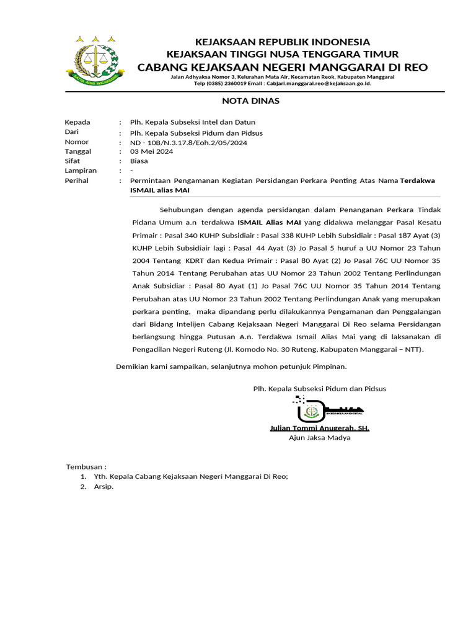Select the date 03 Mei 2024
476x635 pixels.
(151, 151)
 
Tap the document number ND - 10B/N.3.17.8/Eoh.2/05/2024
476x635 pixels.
(188, 142)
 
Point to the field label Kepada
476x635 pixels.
(77, 122)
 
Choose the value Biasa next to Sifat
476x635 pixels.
(139, 161)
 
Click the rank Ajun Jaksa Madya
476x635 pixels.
(319, 438)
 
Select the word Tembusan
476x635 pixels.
(86, 466)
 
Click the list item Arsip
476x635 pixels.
(104, 487)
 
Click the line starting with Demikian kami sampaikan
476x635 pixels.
(231, 366)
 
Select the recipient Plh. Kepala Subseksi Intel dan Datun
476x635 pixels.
(192, 122)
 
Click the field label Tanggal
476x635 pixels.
(78, 151)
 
